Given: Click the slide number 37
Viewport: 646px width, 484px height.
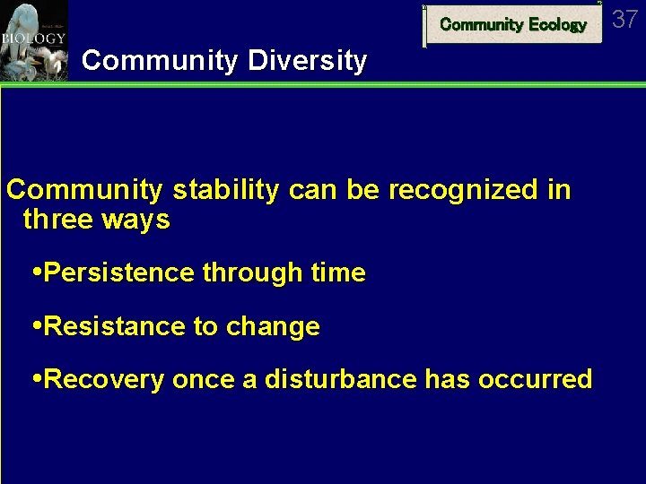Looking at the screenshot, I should click(x=625, y=18).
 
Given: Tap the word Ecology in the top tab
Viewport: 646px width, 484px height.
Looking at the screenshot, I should click(x=556, y=25).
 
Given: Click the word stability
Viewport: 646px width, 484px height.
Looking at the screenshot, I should click(x=225, y=191).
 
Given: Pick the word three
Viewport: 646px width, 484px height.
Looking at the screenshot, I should click(x=56, y=220).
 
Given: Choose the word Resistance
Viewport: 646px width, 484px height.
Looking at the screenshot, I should click(x=115, y=326).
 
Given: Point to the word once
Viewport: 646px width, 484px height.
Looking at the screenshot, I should click(x=202, y=379).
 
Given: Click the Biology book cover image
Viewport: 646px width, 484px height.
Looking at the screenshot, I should click(x=34, y=40).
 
